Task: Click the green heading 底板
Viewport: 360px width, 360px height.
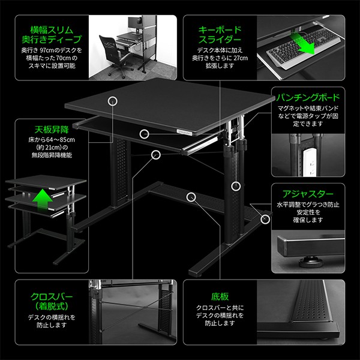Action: (219, 296)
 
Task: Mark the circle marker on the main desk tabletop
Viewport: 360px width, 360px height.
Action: (112, 101)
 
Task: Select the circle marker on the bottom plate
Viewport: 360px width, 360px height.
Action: (191, 196)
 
